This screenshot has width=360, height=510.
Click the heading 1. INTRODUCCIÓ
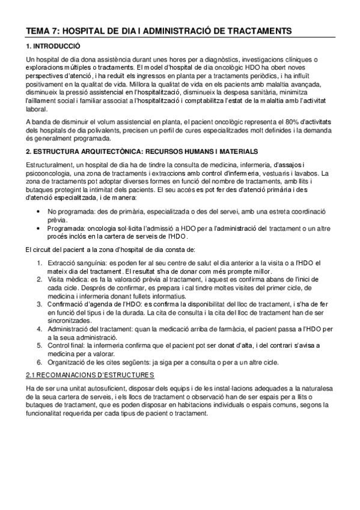(53, 46)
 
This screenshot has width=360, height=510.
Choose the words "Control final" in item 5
(65, 345)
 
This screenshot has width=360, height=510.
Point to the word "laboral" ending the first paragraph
(37, 109)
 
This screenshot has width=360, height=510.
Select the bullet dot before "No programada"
(38, 212)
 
